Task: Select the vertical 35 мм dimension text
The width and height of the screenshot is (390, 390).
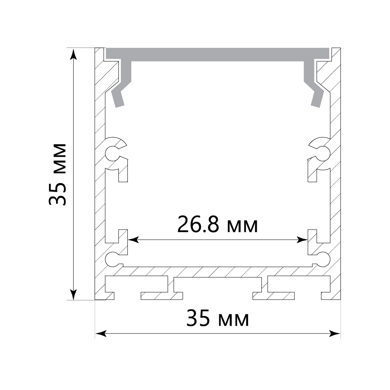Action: (x=57, y=175)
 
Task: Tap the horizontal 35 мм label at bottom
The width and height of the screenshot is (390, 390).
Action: (x=218, y=318)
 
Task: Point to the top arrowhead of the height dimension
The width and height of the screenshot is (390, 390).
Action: (x=73, y=55)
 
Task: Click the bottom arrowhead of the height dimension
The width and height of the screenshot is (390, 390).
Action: (x=73, y=294)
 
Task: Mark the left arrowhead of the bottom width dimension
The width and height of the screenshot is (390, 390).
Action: (x=101, y=334)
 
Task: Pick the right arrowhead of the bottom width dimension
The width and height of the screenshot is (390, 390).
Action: (x=335, y=334)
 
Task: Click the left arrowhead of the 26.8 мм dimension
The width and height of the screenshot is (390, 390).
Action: (x=133, y=240)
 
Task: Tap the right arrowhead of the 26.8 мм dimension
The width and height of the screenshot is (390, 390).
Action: (x=302, y=240)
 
